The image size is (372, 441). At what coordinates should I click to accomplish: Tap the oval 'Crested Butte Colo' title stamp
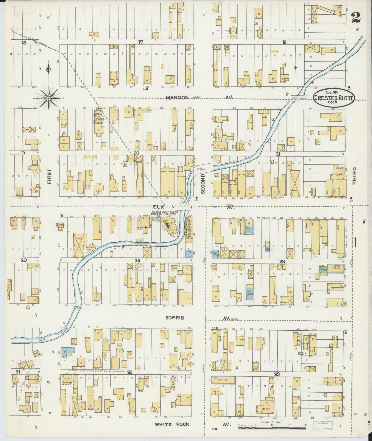pos(334,98)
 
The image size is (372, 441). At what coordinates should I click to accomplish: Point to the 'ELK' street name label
pos(157,206)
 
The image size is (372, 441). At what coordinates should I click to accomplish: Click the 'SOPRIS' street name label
pos(175,318)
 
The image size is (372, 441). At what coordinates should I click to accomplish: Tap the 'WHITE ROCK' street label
pos(172,424)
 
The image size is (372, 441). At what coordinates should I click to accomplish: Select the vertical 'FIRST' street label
pos(49,177)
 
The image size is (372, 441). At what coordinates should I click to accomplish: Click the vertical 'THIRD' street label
pos(354,176)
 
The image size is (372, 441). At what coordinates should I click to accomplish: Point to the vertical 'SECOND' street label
pos(203,183)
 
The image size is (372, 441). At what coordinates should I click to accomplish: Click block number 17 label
pos(141,42)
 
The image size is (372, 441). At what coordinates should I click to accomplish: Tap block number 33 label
pos(277,374)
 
